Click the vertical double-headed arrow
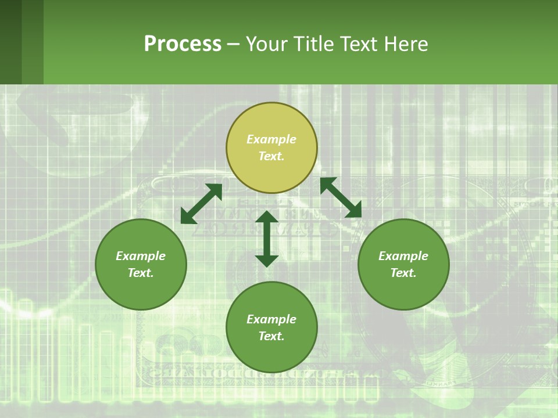(267, 239)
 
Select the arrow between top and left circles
(202, 204)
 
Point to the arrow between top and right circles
(341, 197)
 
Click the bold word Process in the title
(183, 44)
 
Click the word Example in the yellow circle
(271, 139)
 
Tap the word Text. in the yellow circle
(271, 156)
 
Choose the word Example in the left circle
(141, 256)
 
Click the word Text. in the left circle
(141, 273)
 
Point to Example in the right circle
(403, 256)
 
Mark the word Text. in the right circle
(403, 273)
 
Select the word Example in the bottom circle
(271, 319)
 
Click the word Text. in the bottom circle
(271, 336)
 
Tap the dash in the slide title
(233, 45)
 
